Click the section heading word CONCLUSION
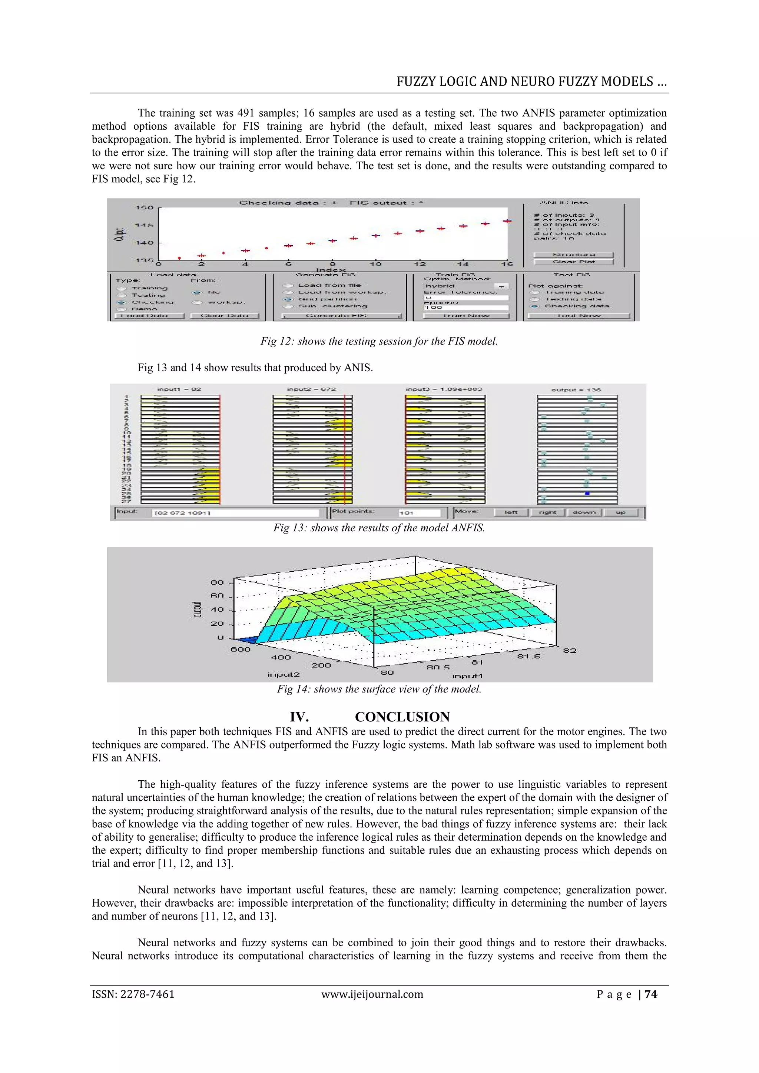(402, 717)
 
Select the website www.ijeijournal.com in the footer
(372, 994)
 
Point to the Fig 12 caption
(379, 341)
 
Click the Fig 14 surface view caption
(379, 689)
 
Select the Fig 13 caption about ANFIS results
(379, 528)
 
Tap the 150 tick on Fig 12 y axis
(145, 207)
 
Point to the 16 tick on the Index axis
(507, 265)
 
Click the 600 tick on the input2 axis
(241, 649)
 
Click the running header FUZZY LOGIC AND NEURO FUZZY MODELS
(531, 82)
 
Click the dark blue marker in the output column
(587, 494)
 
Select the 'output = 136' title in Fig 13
(576, 390)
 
